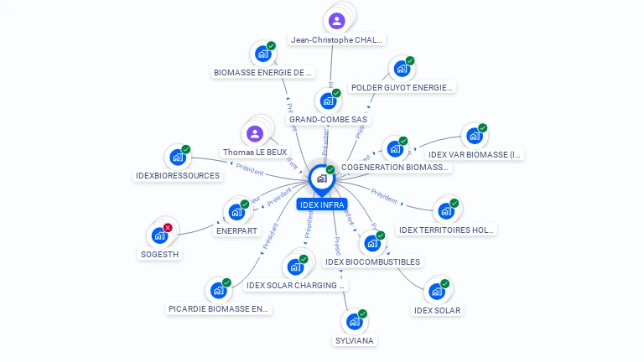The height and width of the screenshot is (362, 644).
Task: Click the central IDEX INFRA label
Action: tap(321, 204)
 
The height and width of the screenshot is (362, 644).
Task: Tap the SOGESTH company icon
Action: tap(159, 235)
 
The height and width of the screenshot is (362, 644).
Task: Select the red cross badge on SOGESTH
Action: tap(168, 228)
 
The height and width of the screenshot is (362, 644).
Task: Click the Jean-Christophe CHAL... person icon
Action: tap(337, 21)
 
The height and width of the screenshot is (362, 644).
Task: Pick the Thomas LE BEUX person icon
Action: tap(255, 133)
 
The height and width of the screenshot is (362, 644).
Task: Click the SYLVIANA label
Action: tap(355, 340)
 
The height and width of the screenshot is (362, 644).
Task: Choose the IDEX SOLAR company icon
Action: tap(436, 292)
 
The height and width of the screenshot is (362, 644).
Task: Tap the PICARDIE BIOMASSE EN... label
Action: tap(220, 308)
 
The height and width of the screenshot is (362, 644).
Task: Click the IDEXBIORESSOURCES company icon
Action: tap(177, 157)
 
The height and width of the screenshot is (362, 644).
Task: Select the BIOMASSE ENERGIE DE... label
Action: tap(263, 72)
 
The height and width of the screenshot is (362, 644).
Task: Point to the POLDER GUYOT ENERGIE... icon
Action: tap(402, 68)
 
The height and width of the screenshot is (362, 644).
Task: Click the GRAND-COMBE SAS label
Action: tap(329, 120)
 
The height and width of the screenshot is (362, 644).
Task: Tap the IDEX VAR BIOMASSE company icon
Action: tap(474, 136)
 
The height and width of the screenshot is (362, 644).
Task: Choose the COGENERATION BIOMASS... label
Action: tap(395, 168)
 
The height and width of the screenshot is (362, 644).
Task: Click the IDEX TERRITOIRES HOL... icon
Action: tap(445, 210)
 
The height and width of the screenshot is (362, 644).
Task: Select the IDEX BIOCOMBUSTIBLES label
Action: tap(372, 261)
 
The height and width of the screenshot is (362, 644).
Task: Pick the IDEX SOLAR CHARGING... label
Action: tap(295, 285)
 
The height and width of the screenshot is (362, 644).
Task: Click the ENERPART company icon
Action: tap(236, 212)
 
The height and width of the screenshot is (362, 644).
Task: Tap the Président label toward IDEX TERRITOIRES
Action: tap(384, 198)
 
